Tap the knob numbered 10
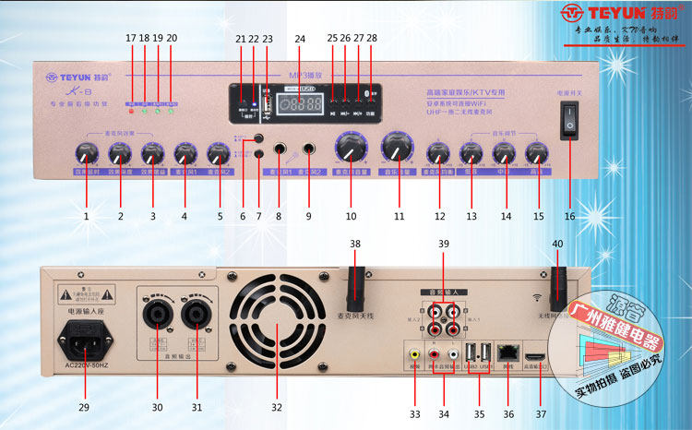(351, 147)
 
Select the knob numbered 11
(399, 148)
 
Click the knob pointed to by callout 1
(88, 151)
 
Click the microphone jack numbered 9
(309, 150)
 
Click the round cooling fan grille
(275, 324)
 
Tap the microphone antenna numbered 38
(355, 288)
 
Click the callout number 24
(299, 39)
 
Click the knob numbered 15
(533, 150)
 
